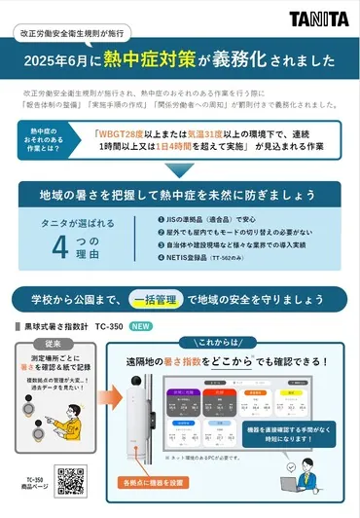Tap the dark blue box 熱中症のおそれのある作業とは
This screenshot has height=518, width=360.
45,142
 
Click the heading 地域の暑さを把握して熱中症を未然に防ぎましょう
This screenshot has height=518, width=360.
180,195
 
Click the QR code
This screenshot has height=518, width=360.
71,482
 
